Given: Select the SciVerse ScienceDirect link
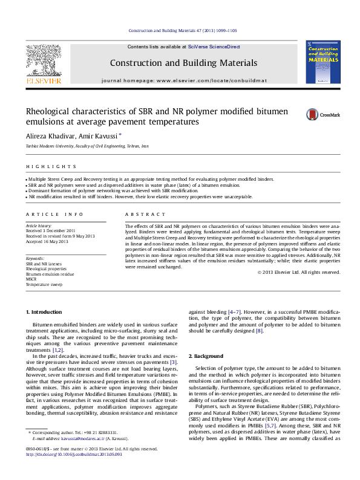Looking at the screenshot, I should point(214,47).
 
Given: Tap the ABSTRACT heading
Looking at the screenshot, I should point(145,214).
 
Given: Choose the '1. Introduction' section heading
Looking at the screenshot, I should point(46,311).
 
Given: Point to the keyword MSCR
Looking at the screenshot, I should point(31,279).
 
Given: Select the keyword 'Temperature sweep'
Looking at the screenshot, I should point(45,284).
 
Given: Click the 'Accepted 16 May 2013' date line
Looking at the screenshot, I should point(46,241).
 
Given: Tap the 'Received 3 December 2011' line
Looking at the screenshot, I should point(51,230).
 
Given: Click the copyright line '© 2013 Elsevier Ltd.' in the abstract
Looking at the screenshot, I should point(298,272).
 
